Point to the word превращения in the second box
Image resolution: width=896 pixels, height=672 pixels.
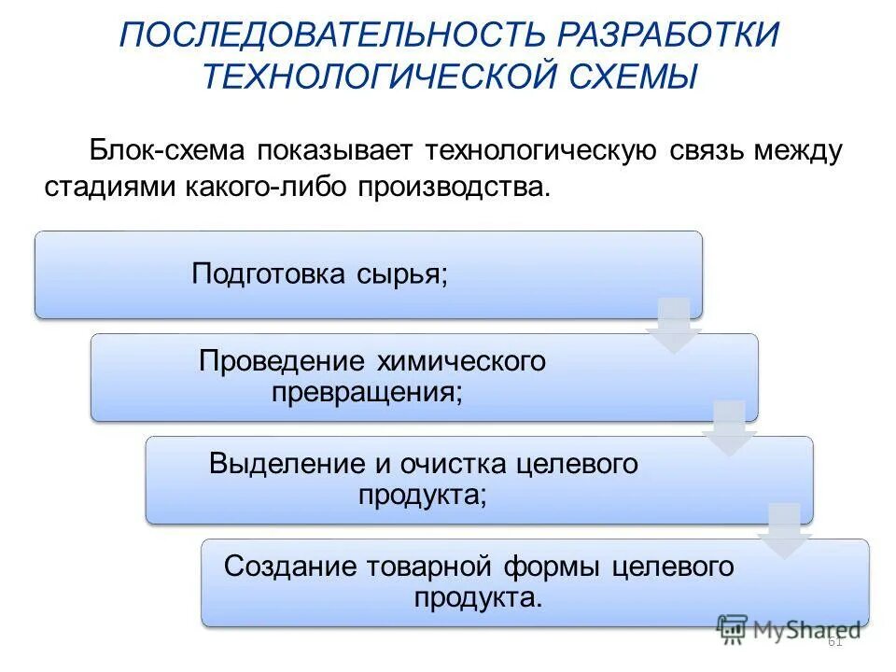[x=367, y=392]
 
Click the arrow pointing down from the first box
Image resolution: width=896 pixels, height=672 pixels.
[x=673, y=326]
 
